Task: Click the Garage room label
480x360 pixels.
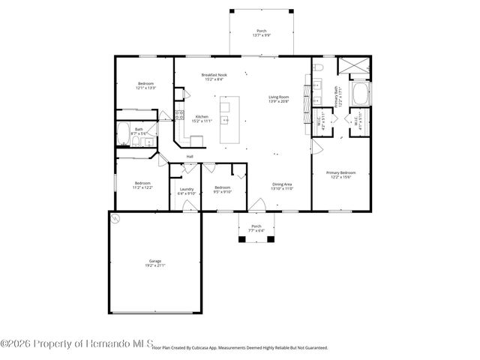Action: (154, 262)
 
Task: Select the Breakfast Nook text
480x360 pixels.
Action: (213, 76)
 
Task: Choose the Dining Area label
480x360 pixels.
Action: (282, 185)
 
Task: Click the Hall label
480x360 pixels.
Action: (190, 156)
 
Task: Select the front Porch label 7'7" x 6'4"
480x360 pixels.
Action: (256, 228)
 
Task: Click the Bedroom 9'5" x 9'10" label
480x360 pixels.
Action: (223, 189)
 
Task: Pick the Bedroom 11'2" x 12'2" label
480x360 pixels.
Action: (142, 185)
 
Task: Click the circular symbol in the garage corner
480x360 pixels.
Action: (116, 218)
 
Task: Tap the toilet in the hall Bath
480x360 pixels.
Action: (148, 141)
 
